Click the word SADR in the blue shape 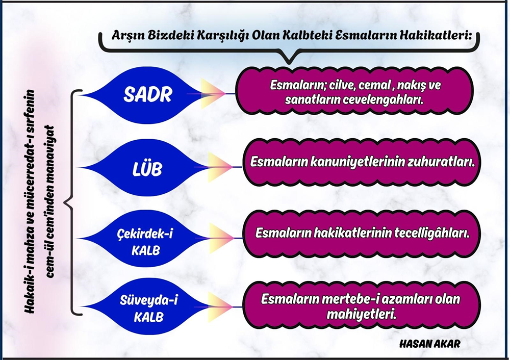click(148, 95)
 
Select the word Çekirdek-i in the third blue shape click(145, 234)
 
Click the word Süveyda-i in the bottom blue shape click(149, 300)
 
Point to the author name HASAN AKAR click(429, 344)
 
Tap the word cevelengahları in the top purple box click(377, 100)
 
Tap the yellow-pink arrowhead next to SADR click(213, 94)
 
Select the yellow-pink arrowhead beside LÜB click(221, 167)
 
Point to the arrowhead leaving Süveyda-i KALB click(221, 307)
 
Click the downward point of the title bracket click(289, 62)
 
